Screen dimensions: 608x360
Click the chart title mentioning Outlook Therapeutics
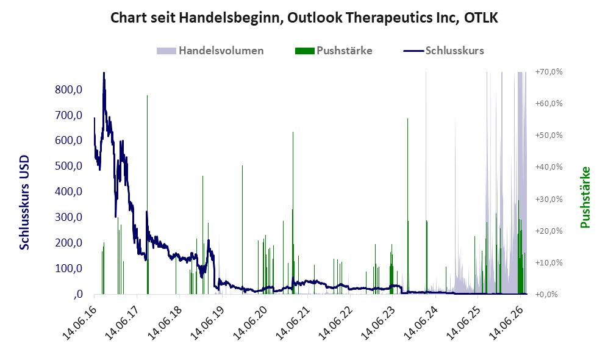pyautogui.click(x=304, y=18)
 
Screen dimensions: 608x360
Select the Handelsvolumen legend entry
pyautogui.click(x=210, y=51)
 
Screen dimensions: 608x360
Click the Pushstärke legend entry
pyautogui.click(x=334, y=51)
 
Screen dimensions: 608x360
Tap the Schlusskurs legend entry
pyautogui.click(x=443, y=51)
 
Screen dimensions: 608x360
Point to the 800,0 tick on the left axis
pyautogui.click(x=69, y=90)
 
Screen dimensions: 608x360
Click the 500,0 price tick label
pyautogui.click(x=69, y=166)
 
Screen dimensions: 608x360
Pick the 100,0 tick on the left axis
pyautogui.click(x=69, y=268)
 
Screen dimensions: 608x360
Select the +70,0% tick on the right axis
pyautogui.click(x=549, y=72)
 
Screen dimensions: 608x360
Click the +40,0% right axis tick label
pyautogui.click(x=549, y=167)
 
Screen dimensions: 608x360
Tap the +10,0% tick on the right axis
pyautogui.click(x=549, y=262)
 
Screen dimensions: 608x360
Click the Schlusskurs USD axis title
pyautogui.click(x=24, y=203)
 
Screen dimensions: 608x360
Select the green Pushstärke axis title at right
pyautogui.click(x=585, y=198)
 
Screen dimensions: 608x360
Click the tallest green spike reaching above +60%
pyautogui.click(x=148, y=194)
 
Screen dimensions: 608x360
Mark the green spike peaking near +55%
pyautogui.click(x=407, y=206)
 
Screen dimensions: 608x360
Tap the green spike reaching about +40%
pyautogui.click(x=242, y=229)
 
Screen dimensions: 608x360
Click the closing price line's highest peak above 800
pyautogui.click(x=104, y=73)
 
